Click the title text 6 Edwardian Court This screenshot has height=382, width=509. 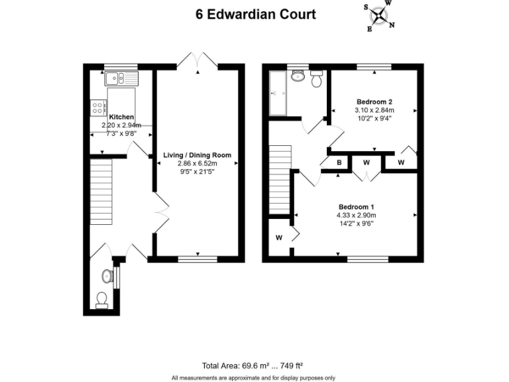(x=255, y=14)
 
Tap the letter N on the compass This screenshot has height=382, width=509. (x=392, y=26)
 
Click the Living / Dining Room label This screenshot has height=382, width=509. (x=198, y=155)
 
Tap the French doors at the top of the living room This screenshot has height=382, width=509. (x=198, y=60)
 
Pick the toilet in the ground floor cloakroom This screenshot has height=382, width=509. (x=103, y=300)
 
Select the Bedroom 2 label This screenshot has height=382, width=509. (x=374, y=101)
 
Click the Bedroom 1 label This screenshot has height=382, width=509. (x=357, y=206)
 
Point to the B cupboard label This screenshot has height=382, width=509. (x=339, y=162)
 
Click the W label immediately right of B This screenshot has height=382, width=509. (x=365, y=162)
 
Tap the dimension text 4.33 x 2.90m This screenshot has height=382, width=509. (x=357, y=215)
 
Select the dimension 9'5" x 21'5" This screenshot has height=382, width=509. (x=198, y=171)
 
